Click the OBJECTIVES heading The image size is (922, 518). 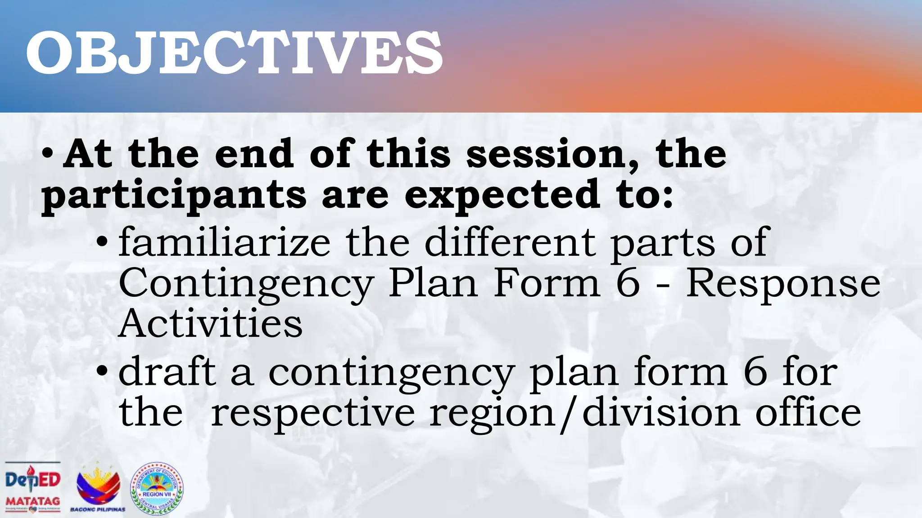tap(234, 53)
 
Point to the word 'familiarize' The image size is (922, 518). tap(224, 243)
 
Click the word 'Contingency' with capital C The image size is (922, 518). tap(246, 284)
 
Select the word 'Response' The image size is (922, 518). tap(783, 284)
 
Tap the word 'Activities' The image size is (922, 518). tap(210, 323)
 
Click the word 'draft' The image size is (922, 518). tap(167, 372)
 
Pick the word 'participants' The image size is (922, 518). tap(174, 195)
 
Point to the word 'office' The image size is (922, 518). tap(808, 413)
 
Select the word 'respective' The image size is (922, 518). tap(312, 413)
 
